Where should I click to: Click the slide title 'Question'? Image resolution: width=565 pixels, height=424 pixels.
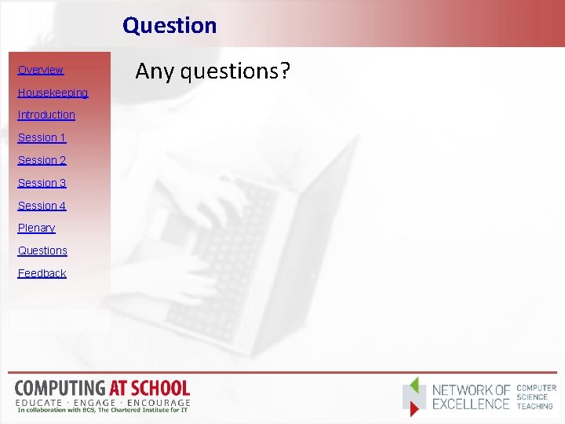pos(169,25)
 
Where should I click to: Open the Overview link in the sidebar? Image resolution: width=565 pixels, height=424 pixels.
pos(41,70)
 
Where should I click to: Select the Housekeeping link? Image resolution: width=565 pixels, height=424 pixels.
pos(53,93)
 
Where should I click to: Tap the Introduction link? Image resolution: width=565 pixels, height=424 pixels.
pos(46,115)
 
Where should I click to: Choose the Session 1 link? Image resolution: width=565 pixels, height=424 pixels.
pos(42,137)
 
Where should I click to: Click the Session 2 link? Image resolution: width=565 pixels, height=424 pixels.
pos(42,160)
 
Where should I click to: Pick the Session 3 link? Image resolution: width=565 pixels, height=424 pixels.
pos(42,183)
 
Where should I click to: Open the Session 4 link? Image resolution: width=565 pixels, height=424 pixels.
pos(42,206)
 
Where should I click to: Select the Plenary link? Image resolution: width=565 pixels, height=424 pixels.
pos(36,228)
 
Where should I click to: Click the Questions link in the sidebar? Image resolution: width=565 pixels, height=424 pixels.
pos(42,250)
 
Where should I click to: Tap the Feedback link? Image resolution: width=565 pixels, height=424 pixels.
pos(42,273)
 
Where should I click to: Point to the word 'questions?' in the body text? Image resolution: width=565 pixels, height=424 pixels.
pos(235,72)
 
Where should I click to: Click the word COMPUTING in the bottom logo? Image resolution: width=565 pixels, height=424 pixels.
pos(60,388)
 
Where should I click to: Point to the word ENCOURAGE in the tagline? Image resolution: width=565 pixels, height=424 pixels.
pos(161,401)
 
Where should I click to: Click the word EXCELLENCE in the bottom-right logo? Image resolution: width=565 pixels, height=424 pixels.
pos(472,404)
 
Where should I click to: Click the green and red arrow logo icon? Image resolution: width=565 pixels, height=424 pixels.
pos(415,397)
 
